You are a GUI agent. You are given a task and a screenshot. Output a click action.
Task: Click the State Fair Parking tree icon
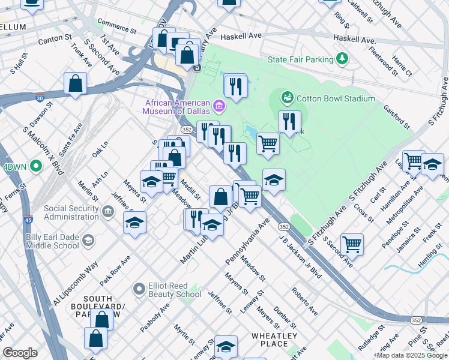point(342,59)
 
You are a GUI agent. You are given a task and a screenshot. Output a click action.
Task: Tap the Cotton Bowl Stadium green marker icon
point(288,98)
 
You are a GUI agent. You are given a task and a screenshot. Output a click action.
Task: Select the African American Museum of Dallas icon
point(219,107)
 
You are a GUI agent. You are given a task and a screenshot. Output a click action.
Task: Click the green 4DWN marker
point(35,166)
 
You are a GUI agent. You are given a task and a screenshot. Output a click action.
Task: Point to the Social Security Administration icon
point(108,211)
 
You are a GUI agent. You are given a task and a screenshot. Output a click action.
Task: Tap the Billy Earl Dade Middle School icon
point(88,241)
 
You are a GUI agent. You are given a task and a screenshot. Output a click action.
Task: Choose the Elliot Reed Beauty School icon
point(139,289)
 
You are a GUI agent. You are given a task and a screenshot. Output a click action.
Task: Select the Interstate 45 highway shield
point(28,221)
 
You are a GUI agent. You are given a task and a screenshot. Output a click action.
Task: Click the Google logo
point(20,352)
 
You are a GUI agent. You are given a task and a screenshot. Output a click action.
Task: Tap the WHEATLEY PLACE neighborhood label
point(274,340)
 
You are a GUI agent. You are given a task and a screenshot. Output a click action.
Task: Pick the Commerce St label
point(117,27)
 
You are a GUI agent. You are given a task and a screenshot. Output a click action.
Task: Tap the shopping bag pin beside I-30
point(76,84)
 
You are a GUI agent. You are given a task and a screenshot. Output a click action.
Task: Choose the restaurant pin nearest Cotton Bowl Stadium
point(290,121)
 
